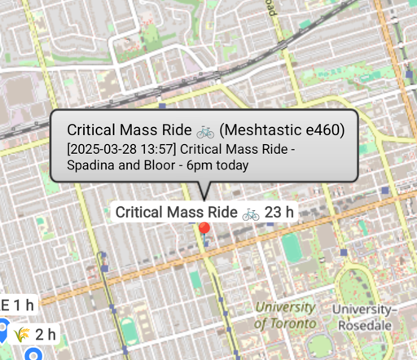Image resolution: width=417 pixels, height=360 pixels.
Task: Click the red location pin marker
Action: [204, 229]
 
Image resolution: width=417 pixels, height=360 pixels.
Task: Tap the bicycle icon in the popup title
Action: [204, 130]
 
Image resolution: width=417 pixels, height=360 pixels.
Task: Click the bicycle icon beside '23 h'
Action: [251, 213]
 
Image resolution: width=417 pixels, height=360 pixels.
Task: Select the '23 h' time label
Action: [279, 213]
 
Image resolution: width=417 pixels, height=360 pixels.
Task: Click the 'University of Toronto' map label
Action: [284, 315]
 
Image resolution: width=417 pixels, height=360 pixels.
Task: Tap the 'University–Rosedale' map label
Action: [362, 317]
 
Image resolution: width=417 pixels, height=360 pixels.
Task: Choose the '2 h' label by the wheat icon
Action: [45, 334]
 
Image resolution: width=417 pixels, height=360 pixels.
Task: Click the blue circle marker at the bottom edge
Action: [33, 354]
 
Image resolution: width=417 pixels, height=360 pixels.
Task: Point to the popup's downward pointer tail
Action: [204, 190]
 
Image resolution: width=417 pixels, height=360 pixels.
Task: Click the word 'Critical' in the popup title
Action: [91, 130]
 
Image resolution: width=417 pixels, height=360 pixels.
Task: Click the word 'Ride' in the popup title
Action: [175, 130]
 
